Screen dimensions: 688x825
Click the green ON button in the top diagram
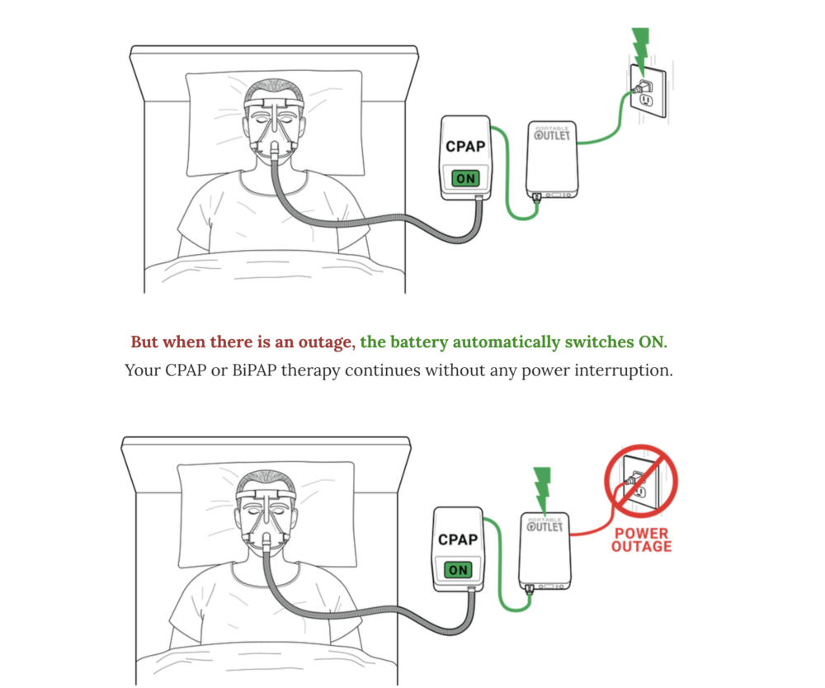[466, 178]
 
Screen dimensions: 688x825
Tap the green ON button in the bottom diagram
[459, 569]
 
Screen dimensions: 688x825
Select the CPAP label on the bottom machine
[458, 540]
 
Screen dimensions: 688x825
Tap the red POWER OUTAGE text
[642, 540]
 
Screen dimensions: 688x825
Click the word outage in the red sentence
[328, 342]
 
